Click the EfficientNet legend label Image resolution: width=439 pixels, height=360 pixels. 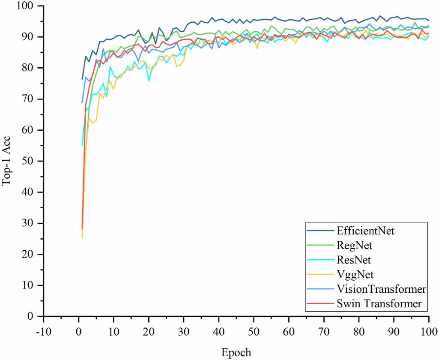tap(365, 231)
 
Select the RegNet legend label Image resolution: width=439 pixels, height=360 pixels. tap(354, 246)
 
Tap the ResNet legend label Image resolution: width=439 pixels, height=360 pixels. tap(354, 260)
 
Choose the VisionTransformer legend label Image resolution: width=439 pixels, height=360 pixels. tap(381, 289)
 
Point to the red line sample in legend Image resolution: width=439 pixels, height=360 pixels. tap(320, 304)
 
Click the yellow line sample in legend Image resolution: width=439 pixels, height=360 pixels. tap(320, 275)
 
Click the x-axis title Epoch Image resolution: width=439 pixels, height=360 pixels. tap(236, 352)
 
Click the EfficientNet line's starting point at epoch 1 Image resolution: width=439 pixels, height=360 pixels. tap(82, 79)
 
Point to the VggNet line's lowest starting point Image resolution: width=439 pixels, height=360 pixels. tap(82, 237)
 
